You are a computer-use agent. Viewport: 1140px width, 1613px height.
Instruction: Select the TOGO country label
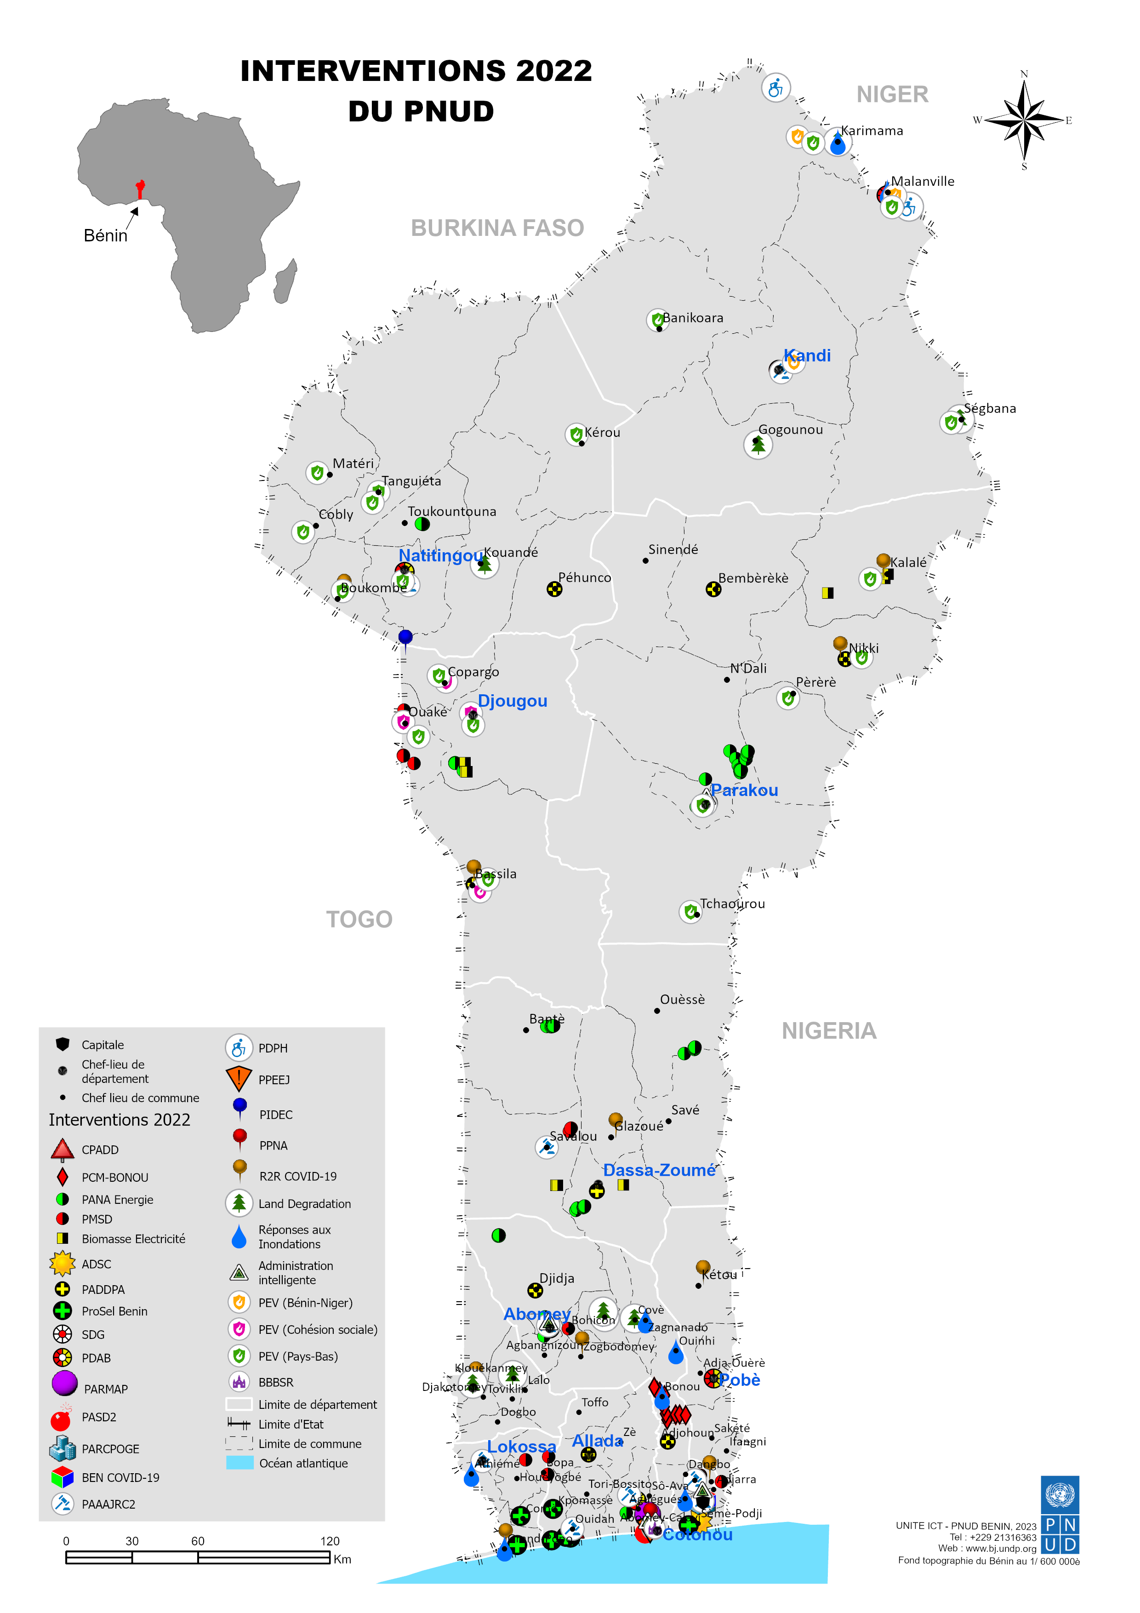[x=359, y=919]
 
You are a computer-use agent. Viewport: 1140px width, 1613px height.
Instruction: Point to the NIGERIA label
[x=829, y=1030]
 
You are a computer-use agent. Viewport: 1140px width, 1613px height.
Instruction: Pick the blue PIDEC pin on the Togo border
[x=405, y=638]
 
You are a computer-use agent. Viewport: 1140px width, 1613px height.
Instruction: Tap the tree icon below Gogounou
[x=758, y=446]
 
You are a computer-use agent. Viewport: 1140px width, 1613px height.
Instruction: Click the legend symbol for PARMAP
[x=64, y=1383]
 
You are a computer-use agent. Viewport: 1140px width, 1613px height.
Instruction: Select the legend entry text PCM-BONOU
[x=114, y=1178]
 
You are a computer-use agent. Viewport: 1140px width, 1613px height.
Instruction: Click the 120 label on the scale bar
[x=330, y=1541]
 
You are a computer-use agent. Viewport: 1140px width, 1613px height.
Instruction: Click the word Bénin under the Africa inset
[x=105, y=235]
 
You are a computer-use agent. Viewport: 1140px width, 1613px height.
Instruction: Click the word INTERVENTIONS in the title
[x=372, y=71]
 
